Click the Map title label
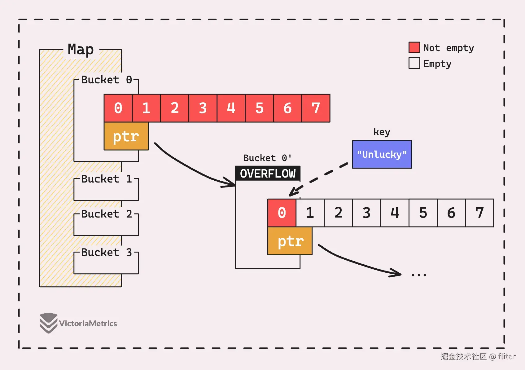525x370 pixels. pyautogui.click(x=81, y=49)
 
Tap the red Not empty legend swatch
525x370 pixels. pyautogui.click(x=414, y=48)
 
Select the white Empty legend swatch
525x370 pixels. pyautogui.click(x=414, y=63)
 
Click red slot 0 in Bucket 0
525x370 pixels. pyautogui.click(x=118, y=108)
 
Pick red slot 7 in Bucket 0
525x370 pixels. pyautogui.click(x=316, y=108)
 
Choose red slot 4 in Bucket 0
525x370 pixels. pyautogui.click(x=231, y=108)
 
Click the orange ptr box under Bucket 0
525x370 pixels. pyautogui.click(x=126, y=136)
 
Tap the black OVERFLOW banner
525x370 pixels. pyautogui.click(x=268, y=174)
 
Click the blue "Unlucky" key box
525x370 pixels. pyautogui.click(x=382, y=154)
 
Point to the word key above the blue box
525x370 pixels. pyautogui.click(x=382, y=132)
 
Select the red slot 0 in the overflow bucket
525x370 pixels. pyautogui.click(x=282, y=213)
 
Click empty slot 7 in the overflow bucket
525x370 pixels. pyautogui.click(x=479, y=213)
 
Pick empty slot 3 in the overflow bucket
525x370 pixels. pyautogui.click(x=366, y=213)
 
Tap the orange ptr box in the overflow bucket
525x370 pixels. pyautogui.click(x=290, y=241)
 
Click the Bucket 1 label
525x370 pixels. pyautogui.click(x=107, y=179)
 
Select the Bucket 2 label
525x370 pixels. pyautogui.click(x=107, y=214)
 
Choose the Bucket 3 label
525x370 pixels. pyautogui.click(x=107, y=252)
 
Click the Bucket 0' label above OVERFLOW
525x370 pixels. pyautogui.click(x=267, y=158)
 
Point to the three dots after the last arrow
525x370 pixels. pyautogui.click(x=419, y=275)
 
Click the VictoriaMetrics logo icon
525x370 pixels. pyautogui.click(x=49, y=323)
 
